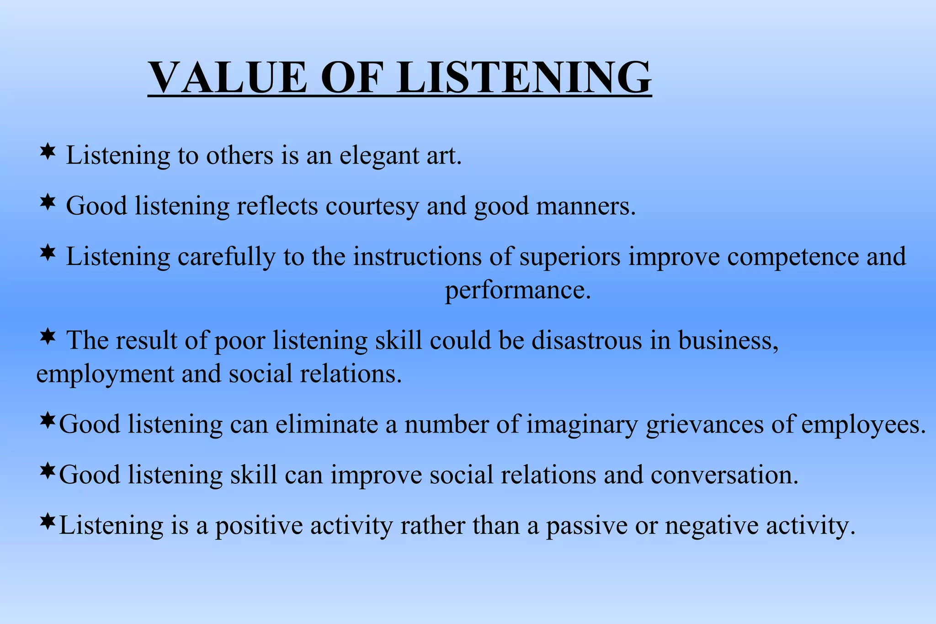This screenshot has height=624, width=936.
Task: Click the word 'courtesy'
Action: (x=372, y=206)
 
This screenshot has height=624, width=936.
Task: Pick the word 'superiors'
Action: (x=570, y=257)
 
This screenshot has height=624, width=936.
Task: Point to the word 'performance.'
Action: (x=518, y=291)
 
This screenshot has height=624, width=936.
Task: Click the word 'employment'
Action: (x=105, y=375)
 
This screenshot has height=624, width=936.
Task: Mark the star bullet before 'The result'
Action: (x=48, y=337)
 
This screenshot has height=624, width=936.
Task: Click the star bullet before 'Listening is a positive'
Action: (x=48, y=521)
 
